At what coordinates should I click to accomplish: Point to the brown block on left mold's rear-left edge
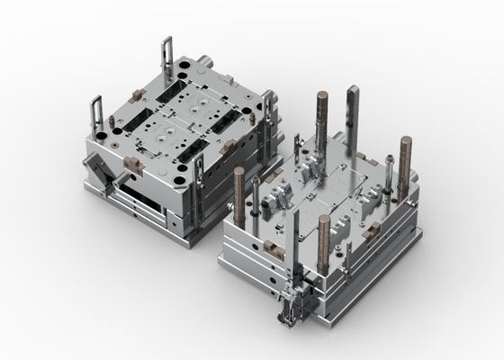point(128,93)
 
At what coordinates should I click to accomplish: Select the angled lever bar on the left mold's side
point(101,176)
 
